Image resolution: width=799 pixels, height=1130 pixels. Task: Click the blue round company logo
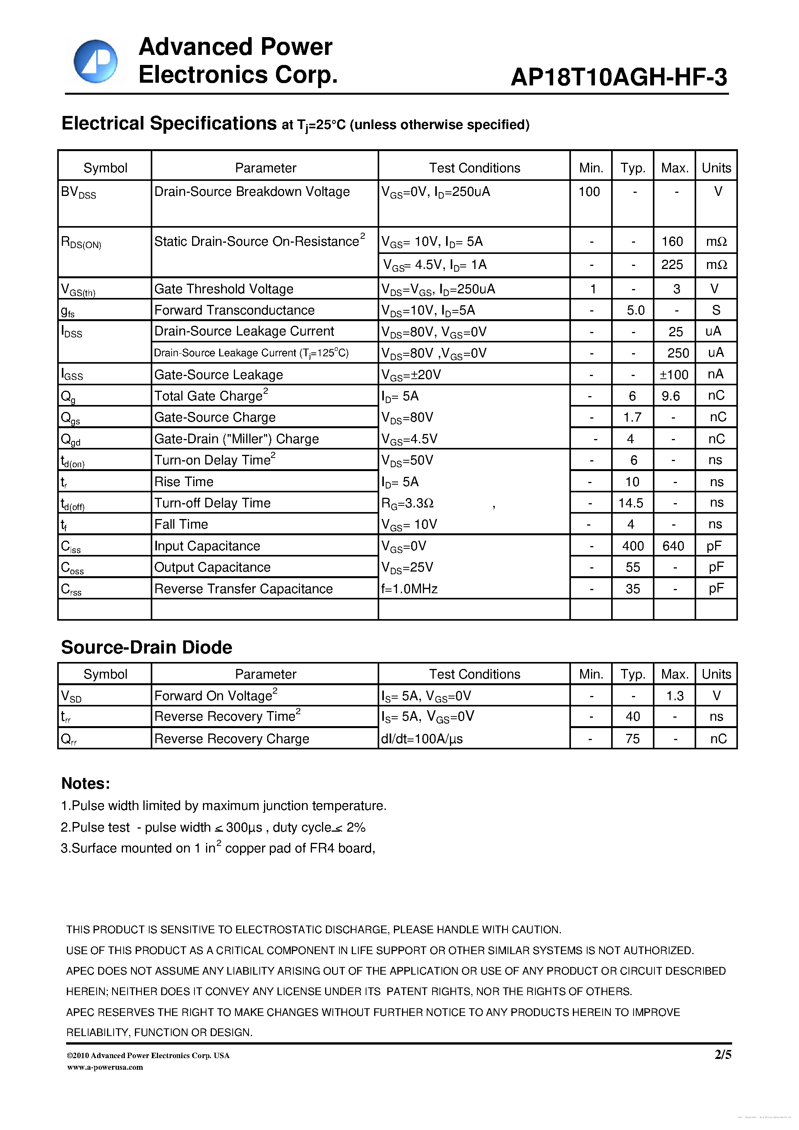point(95,61)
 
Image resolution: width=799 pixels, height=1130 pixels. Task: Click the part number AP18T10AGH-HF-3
point(618,77)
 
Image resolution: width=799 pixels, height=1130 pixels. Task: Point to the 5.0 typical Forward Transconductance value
point(635,310)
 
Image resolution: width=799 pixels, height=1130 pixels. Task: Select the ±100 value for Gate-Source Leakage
point(674,374)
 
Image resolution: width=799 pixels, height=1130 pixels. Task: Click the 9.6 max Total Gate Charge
point(671,396)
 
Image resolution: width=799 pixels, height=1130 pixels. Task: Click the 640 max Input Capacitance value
point(673,546)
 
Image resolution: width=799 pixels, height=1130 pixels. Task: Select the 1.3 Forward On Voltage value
point(675,695)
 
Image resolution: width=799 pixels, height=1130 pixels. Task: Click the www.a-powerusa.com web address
point(105,1067)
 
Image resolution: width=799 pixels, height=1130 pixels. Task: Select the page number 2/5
point(723,1054)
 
